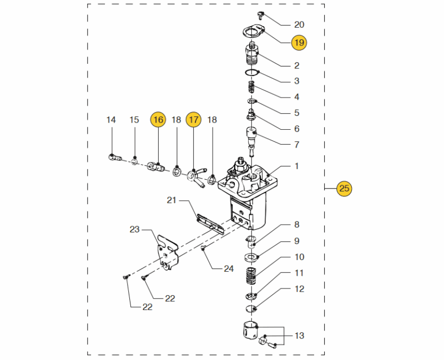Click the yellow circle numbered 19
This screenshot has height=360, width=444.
tap(299, 42)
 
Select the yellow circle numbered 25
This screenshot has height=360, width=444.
tap(344, 189)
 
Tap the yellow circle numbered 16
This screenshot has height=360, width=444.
tap(158, 119)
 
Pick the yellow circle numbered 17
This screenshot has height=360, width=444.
tap(193, 119)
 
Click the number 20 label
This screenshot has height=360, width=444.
tap(299, 24)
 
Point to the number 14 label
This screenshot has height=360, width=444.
tap(111, 120)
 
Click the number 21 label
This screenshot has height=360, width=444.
tap(171, 200)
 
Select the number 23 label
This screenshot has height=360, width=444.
tap(134, 229)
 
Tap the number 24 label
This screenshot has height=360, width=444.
tap(229, 268)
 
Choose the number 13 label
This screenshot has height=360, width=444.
tap(299, 336)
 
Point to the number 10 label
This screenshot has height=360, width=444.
tap(299, 257)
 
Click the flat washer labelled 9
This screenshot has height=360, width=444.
tap(253, 257)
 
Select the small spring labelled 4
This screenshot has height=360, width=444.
tap(251, 88)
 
